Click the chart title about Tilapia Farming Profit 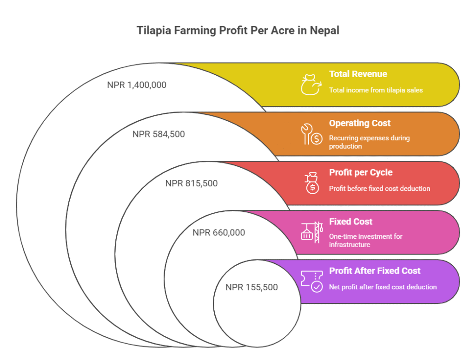click(238, 30)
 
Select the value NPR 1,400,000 click(137, 85)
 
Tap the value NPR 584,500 click(159, 134)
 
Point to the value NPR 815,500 click(191, 183)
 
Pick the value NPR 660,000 click(218, 233)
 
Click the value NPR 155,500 click(251, 287)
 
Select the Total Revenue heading click(358, 74)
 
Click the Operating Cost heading click(360, 124)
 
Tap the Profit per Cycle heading click(361, 173)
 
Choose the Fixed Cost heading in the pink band click(350, 222)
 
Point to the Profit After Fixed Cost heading click(375, 271)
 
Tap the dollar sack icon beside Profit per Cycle click(312, 183)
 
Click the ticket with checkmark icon click(312, 281)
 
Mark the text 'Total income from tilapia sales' click(376, 90)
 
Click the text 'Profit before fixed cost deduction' click(379, 189)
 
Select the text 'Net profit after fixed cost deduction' click(383, 287)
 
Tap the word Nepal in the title click(324, 31)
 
